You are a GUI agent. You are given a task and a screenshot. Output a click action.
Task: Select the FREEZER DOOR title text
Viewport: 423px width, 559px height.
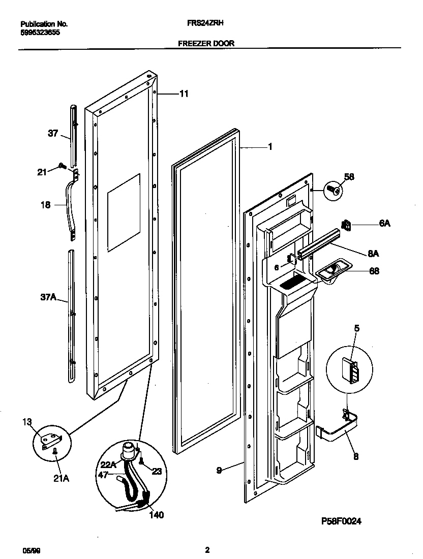point(206,44)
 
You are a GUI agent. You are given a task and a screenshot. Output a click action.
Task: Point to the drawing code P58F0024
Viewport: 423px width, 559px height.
point(344,521)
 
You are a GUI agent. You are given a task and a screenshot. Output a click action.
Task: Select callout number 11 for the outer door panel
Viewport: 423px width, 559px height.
point(184,94)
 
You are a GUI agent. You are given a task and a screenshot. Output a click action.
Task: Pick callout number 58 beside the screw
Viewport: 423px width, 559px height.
point(349,177)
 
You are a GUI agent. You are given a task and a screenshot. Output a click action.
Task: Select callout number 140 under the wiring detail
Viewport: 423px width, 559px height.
point(157,514)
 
